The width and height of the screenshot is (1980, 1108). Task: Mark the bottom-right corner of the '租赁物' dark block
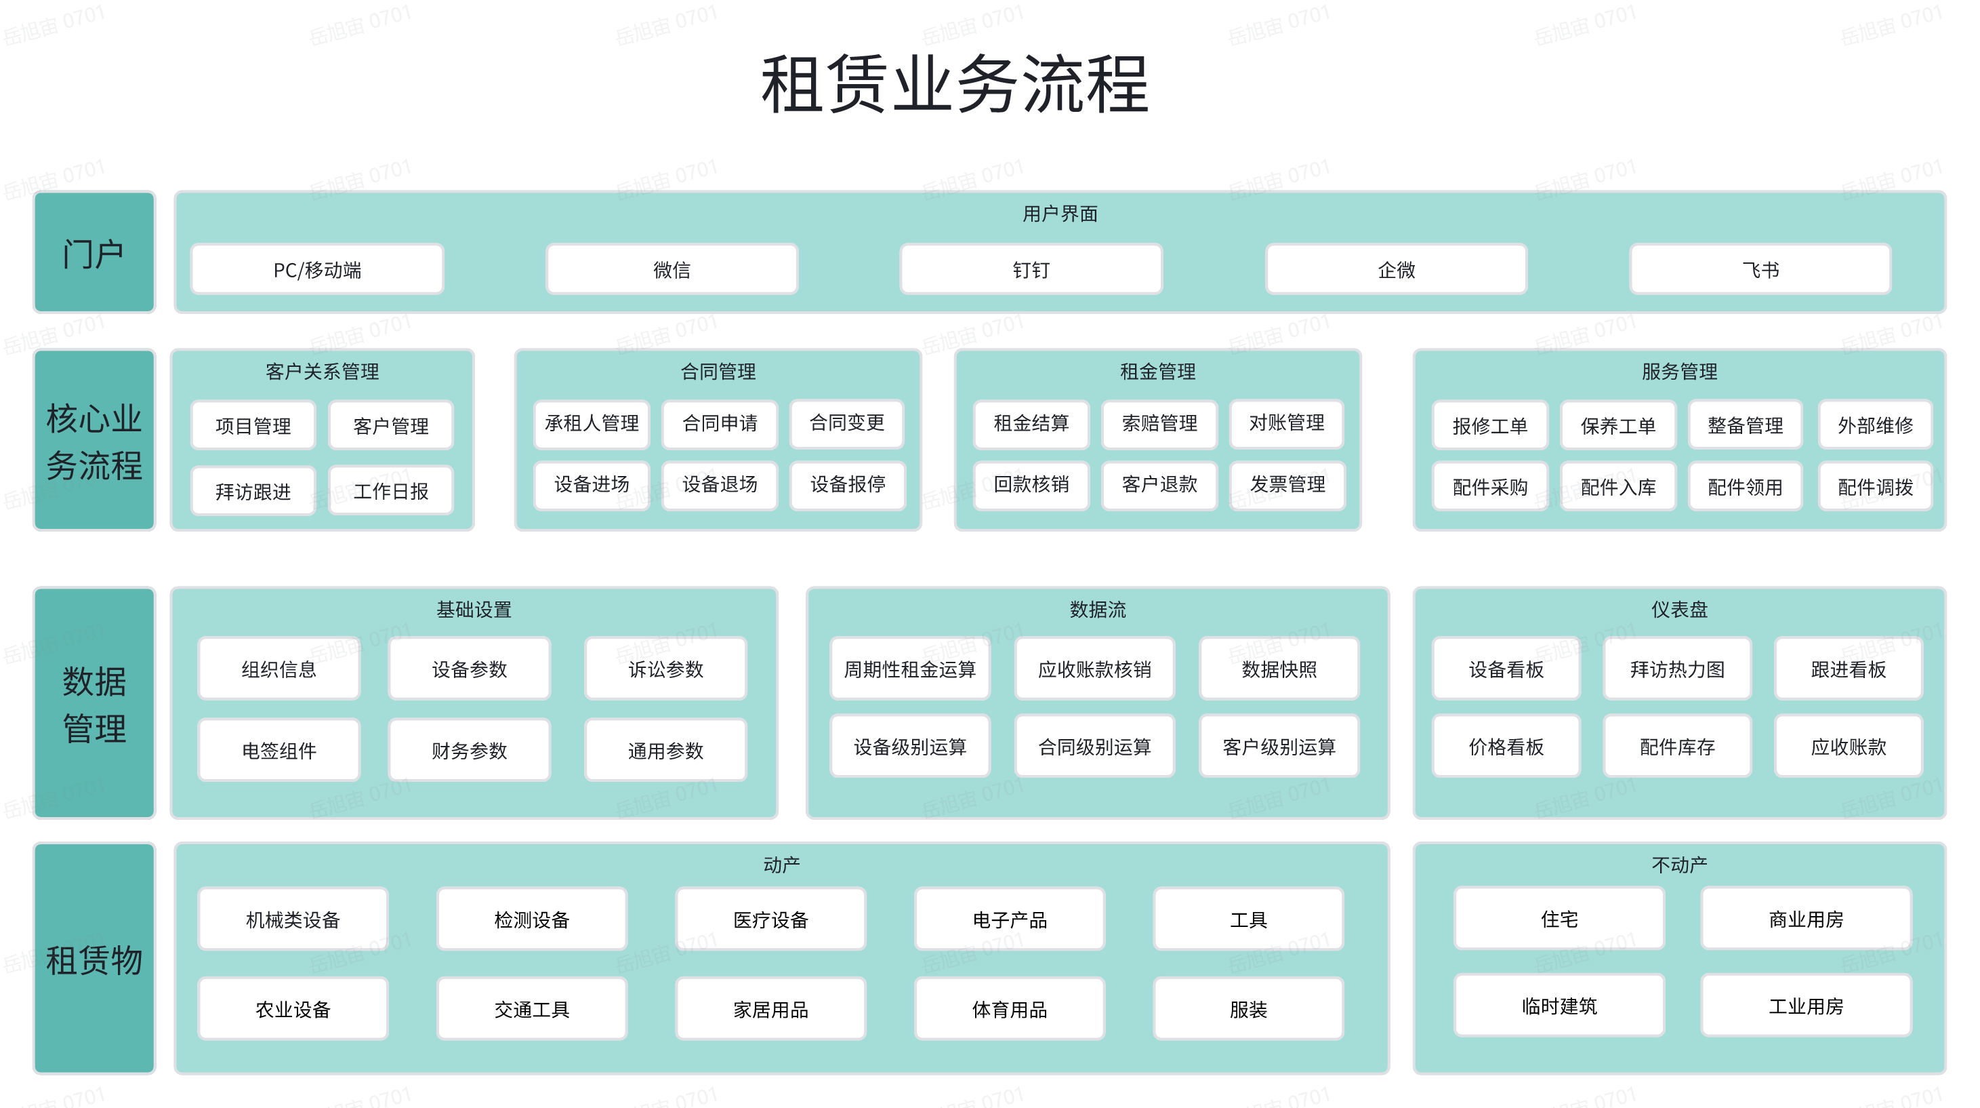click(154, 1073)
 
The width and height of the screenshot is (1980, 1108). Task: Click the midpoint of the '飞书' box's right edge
click(1890, 269)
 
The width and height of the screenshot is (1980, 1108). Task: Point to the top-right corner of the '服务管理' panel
click(1945, 351)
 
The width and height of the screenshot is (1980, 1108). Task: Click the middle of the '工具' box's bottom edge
click(1248, 949)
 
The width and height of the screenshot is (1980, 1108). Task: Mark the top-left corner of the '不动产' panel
click(1414, 844)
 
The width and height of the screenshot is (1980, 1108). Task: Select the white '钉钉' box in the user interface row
click(1031, 269)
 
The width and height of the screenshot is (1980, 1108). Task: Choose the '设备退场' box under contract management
click(720, 484)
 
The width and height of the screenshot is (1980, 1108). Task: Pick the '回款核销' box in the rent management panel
click(1031, 484)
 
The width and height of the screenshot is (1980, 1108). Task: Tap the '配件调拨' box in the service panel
click(1875, 486)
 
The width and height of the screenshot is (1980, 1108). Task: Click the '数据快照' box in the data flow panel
click(1279, 669)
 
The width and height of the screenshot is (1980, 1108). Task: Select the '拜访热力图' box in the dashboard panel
click(1677, 669)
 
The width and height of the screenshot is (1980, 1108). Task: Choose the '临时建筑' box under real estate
click(1559, 1006)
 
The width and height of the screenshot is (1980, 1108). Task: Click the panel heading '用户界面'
click(1060, 214)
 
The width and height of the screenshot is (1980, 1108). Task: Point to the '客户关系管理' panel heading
click(322, 372)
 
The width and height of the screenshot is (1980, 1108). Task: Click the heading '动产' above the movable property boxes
click(782, 865)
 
